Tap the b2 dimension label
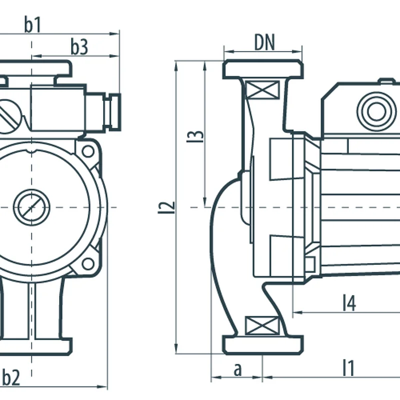(11, 377)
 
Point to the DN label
(264, 43)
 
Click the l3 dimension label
(198, 136)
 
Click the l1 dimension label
(348, 368)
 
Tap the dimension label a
(238, 369)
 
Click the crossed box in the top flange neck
(263, 91)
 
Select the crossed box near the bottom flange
(262, 326)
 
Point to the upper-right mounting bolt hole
(88, 150)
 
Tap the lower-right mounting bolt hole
(88, 263)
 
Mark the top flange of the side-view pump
(263, 69)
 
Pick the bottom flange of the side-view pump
(263, 345)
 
